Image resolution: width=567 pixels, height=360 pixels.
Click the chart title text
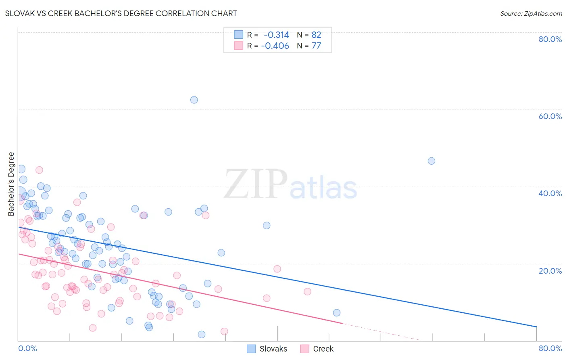[x=121, y=13]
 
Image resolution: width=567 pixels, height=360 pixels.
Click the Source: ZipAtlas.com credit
[x=531, y=13]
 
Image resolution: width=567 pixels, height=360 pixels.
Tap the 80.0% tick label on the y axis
[x=550, y=39]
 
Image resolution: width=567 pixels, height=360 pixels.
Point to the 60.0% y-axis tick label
[x=550, y=116]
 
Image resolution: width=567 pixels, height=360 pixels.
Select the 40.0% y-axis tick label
[x=550, y=193]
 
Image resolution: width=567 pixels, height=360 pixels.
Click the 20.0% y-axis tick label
[x=550, y=270]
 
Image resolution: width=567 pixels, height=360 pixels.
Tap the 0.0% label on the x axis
[x=27, y=348]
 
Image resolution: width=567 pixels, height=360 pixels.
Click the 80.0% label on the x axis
[x=550, y=348]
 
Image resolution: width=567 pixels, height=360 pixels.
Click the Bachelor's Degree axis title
[x=11, y=184]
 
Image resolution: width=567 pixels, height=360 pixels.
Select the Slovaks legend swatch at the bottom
[x=252, y=349]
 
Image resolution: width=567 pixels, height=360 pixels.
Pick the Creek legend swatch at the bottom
[x=305, y=349]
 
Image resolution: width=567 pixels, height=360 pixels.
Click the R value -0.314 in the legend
[x=276, y=35]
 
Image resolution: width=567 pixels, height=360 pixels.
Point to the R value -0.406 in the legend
[x=275, y=46]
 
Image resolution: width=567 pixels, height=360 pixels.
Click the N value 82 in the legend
[x=316, y=35]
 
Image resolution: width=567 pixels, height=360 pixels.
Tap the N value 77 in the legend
[x=316, y=46]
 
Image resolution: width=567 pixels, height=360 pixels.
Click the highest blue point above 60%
[x=194, y=100]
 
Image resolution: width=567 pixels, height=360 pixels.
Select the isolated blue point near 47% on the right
[x=432, y=161]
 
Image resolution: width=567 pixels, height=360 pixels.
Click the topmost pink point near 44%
[x=39, y=170]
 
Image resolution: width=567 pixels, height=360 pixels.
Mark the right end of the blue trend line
[x=536, y=327]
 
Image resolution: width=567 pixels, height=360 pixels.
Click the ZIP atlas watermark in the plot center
[x=290, y=185]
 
